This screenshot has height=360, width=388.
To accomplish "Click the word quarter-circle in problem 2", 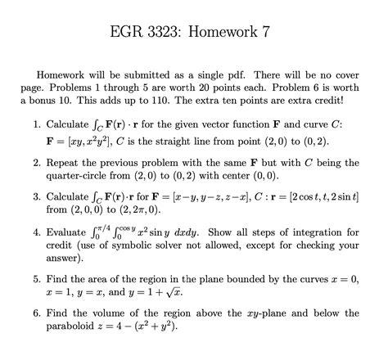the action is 88,176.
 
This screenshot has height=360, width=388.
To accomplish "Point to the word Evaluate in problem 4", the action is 71,232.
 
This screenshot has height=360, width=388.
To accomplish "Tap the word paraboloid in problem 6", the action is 82,326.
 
